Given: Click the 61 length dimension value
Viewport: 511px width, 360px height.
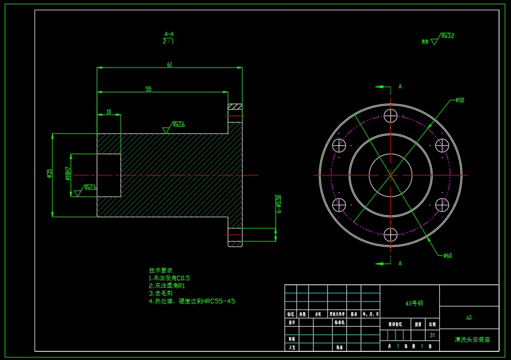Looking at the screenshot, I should (169, 65).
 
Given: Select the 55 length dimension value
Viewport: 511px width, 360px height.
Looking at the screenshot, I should (149, 89).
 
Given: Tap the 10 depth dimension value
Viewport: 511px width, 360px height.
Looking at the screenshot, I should (109, 112).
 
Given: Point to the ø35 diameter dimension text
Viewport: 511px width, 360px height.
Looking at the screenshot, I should (50, 173).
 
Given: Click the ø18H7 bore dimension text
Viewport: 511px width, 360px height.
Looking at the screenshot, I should (68, 173).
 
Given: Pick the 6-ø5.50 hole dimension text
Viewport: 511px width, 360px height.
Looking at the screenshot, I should (279, 204).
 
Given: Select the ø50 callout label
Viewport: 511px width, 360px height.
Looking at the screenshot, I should (460, 100).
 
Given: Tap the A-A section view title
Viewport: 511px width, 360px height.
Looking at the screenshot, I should (169, 33).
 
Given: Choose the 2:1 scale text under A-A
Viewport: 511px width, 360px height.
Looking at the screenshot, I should (169, 41).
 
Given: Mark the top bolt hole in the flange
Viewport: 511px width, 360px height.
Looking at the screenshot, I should (391, 116).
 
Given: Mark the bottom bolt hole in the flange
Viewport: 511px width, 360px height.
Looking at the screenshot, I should (391, 235).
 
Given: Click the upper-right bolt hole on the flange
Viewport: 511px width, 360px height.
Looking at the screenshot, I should (442, 145).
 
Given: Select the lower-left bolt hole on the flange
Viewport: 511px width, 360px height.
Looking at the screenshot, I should (339, 205).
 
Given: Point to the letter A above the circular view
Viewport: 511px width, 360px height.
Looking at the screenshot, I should (400, 86).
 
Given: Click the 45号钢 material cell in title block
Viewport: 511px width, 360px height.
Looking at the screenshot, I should (414, 303).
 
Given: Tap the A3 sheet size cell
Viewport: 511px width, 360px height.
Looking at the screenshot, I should (469, 318).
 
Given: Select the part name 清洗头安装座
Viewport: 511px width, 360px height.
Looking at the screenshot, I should (472, 340).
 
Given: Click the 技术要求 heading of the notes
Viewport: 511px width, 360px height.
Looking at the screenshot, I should (160, 270).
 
